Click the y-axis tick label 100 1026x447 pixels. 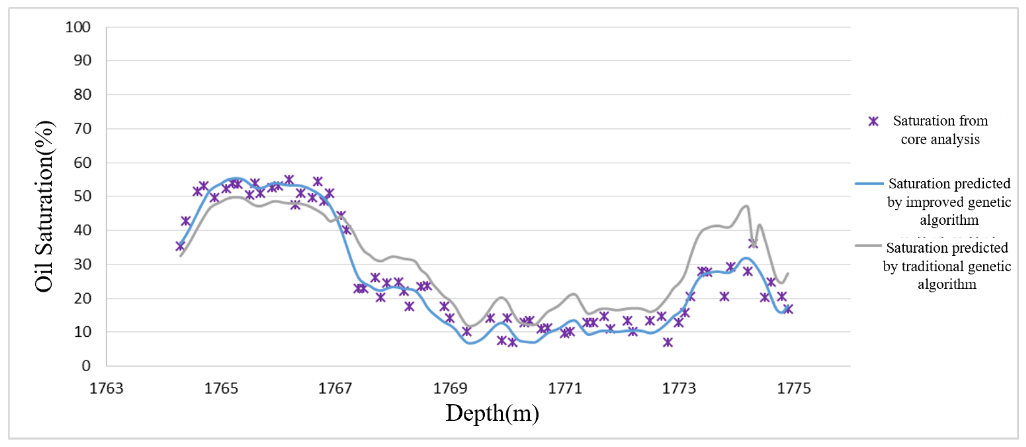78,27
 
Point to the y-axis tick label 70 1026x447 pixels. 82,129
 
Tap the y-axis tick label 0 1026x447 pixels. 86,365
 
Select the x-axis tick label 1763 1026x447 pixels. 106,388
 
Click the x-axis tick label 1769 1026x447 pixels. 450,388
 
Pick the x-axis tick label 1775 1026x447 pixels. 794,388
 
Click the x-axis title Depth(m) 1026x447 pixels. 492,413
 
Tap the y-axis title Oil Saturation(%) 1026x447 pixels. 44,206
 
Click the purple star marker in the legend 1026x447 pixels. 873,121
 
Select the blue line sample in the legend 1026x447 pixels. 869,184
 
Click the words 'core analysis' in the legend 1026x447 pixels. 940,139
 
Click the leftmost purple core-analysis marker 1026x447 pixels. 180,246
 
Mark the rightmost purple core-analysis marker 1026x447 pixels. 788,309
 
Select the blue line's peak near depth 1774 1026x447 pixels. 746,258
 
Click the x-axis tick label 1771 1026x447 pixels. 565,388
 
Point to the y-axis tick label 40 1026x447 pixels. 82,230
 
